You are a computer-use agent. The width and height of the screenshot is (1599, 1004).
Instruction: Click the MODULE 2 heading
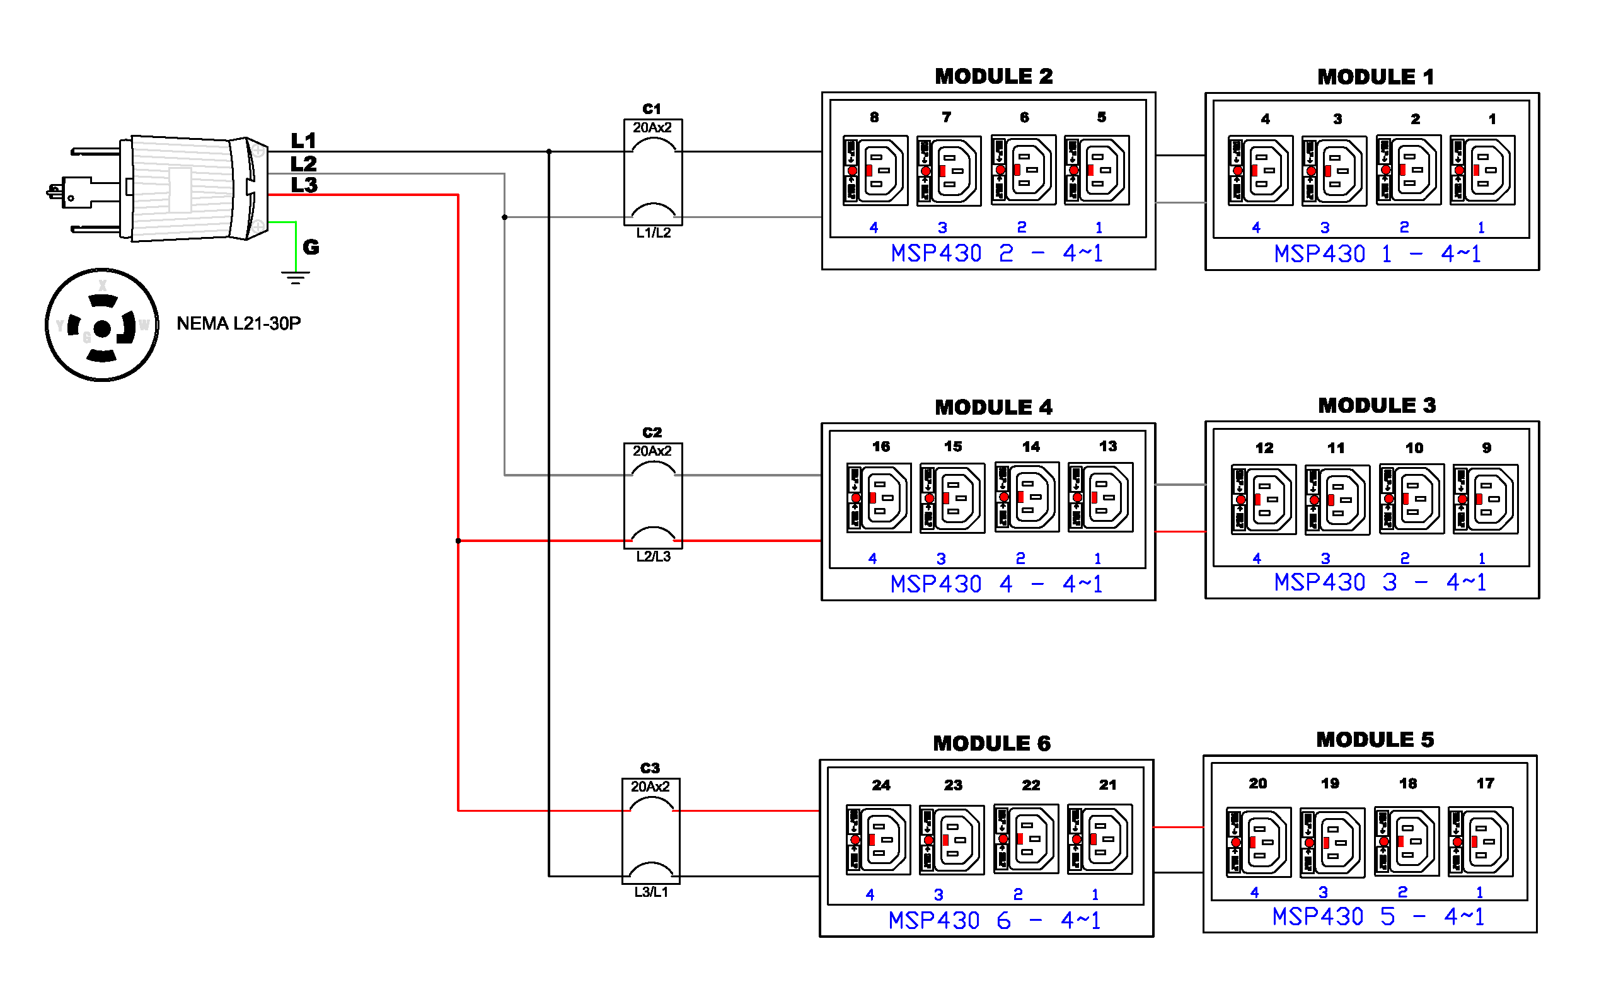tap(993, 76)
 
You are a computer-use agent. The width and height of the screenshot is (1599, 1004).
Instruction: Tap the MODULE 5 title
tap(1375, 740)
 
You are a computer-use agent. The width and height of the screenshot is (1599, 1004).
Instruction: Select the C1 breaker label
tap(652, 109)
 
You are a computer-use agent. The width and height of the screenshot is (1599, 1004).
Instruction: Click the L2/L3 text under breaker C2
tap(654, 557)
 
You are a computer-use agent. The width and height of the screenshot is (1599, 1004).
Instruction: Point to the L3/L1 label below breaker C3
tap(650, 892)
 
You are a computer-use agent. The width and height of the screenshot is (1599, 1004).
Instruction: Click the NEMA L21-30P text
tap(238, 323)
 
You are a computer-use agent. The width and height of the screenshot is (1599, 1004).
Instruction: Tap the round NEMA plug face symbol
tap(101, 325)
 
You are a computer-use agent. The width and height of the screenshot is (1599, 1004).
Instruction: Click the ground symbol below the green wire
tap(296, 277)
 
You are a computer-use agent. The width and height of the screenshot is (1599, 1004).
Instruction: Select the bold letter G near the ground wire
tap(311, 248)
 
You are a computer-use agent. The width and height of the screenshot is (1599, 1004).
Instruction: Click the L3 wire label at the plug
tap(304, 185)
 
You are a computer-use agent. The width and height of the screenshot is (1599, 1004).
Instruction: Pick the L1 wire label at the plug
tap(303, 141)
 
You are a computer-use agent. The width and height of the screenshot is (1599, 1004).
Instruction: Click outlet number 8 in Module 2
tap(876, 170)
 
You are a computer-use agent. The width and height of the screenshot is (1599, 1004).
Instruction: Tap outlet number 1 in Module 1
tap(1482, 171)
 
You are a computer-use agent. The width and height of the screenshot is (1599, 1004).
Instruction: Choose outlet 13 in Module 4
tap(1100, 497)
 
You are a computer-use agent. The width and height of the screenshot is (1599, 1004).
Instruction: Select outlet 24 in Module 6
tap(879, 840)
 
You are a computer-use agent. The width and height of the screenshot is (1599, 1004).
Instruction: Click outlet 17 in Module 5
tap(1480, 842)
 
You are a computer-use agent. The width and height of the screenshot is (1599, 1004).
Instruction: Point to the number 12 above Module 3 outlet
tap(1264, 448)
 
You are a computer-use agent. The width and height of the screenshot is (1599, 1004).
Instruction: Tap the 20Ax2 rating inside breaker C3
tap(650, 787)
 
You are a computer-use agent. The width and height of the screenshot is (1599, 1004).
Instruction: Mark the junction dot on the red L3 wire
tap(458, 541)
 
